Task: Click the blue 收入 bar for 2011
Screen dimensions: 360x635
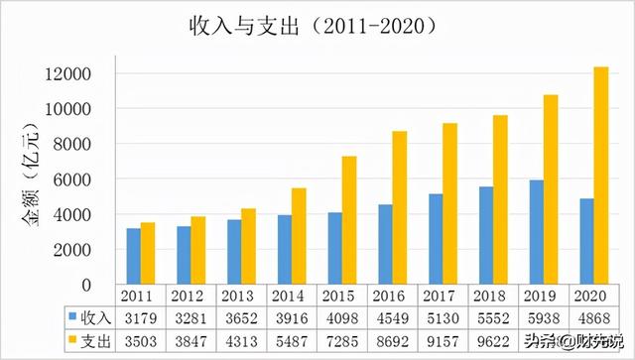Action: [134, 256]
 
